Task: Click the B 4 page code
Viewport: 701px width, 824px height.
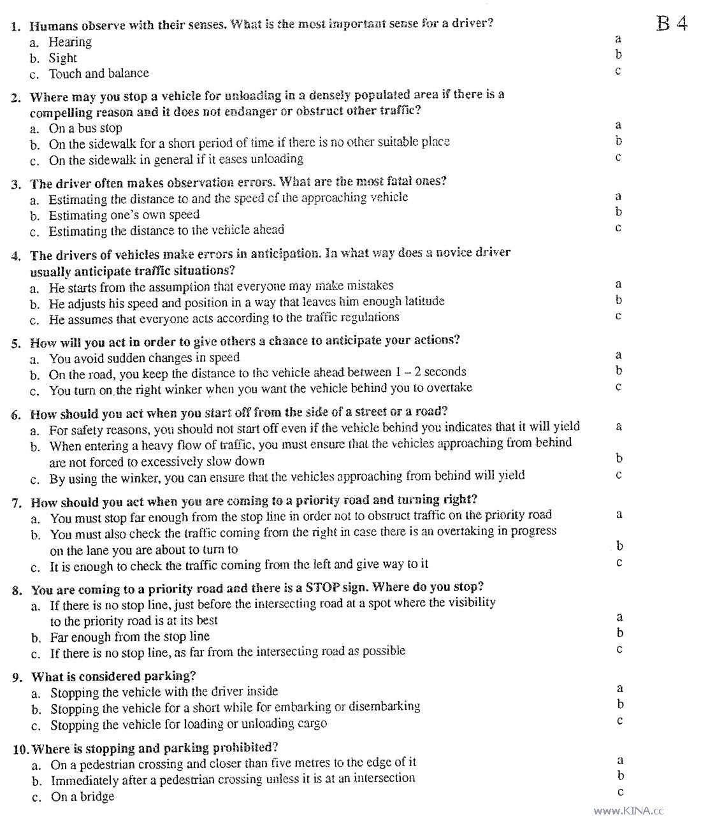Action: click(672, 24)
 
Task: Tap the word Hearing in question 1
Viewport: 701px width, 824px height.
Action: click(70, 42)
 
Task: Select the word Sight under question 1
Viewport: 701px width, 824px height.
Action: click(62, 58)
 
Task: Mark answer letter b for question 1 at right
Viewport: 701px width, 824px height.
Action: click(618, 55)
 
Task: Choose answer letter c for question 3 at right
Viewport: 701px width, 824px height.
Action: click(618, 228)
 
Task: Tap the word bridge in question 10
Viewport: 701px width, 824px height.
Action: click(98, 797)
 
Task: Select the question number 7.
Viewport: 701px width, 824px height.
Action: click(17, 502)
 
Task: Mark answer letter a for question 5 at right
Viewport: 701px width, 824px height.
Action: click(618, 355)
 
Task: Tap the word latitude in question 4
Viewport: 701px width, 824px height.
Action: click(421, 301)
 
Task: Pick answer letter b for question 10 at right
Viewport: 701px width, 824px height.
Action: click(620, 776)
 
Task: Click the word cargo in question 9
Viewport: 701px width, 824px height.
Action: click(312, 724)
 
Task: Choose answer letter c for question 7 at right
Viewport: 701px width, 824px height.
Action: click(618, 563)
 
